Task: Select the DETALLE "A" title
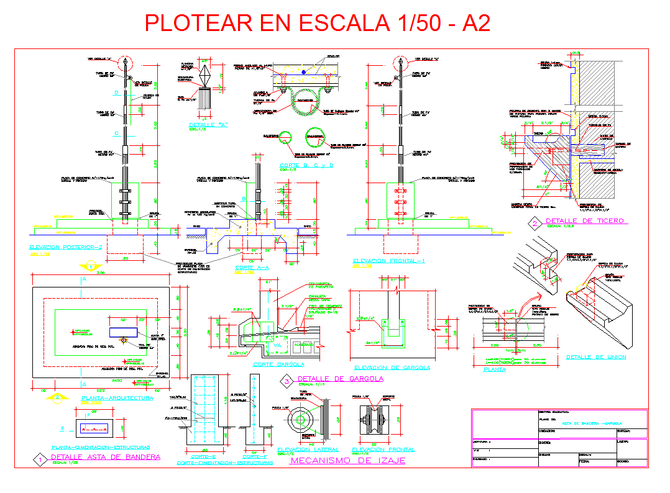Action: [208, 125]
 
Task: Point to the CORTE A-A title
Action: [252, 268]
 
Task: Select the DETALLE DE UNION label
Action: [595, 357]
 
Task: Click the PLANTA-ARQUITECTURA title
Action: [117, 397]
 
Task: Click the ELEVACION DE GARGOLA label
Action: [390, 367]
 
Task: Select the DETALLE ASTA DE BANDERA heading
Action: [106, 457]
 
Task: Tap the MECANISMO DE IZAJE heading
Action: [347, 460]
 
